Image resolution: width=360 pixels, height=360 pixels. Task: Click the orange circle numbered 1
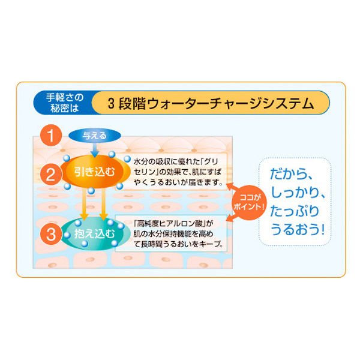click(x=51, y=135)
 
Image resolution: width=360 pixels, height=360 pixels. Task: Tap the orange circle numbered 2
click(x=51, y=175)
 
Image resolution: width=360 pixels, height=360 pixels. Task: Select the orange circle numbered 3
click(x=51, y=234)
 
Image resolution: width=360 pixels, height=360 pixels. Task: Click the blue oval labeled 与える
click(x=95, y=136)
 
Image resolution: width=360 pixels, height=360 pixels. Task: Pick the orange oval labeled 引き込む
click(x=95, y=172)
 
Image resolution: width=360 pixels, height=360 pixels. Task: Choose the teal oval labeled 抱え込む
click(x=93, y=234)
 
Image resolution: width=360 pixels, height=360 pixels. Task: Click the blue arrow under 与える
click(x=95, y=150)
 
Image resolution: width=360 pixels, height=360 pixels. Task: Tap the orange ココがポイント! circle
click(x=248, y=203)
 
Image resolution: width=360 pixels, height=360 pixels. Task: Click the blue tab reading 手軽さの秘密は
click(x=64, y=103)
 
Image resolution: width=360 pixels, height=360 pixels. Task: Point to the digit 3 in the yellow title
click(x=111, y=104)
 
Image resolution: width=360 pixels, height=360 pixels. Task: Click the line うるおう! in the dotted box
click(x=298, y=229)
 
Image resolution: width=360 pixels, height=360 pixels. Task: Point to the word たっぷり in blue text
click(x=295, y=211)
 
